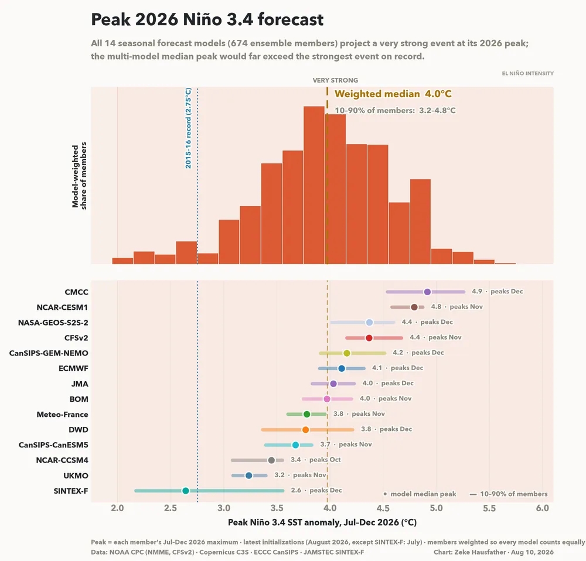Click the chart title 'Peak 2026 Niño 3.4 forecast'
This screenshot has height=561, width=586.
pos(207,19)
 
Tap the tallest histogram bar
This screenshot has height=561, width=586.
pos(314,185)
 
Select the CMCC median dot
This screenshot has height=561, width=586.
pos(427,292)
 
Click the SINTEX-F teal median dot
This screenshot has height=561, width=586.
pos(185,491)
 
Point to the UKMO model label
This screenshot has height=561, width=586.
pos(76,476)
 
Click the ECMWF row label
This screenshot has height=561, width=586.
pos(73,368)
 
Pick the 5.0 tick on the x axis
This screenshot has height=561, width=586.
pos(436,508)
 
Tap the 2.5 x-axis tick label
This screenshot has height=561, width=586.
pos(171,508)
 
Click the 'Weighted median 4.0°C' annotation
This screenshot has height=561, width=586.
pos(393,94)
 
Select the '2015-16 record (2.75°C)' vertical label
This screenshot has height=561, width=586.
pos(188,128)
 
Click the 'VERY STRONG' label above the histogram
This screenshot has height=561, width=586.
pos(335,80)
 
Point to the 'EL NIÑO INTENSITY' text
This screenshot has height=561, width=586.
pos(528,73)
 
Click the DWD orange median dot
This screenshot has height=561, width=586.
pos(305,429)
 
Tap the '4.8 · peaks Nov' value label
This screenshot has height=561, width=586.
pos(456,307)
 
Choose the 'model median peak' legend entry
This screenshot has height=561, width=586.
pos(420,494)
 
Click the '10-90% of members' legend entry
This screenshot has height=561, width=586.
pos(509,494)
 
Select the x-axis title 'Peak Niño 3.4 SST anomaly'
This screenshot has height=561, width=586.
pos(322,522)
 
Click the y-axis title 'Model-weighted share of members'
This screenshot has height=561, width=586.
pos(79,176)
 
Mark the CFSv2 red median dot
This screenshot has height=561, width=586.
pos(369,338)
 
